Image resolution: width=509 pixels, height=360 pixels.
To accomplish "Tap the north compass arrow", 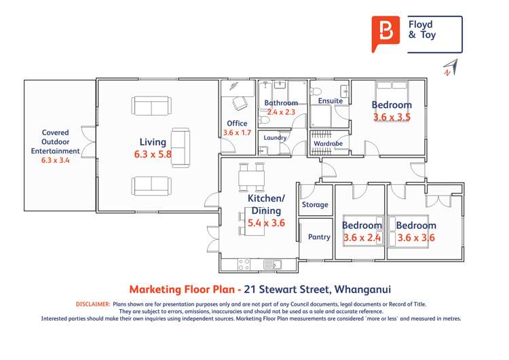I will [450, 67].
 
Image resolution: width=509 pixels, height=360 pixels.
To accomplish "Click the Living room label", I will [153, 142].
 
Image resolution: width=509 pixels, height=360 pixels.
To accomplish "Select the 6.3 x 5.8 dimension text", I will [153, 154].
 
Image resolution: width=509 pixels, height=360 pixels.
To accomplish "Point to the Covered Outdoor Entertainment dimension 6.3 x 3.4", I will [60, 160].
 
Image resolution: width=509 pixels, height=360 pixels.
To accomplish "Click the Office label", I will [237, 124].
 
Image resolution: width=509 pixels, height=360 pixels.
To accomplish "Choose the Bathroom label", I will [281, 103].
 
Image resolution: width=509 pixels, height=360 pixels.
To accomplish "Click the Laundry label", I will [275, 137].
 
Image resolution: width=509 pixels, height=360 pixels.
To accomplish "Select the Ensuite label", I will [330, 101].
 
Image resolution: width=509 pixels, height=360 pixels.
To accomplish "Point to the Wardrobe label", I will [328, 144].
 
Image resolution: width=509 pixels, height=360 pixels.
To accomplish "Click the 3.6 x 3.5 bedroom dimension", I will [392, 117].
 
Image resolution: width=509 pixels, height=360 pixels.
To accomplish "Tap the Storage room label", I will [315, 204].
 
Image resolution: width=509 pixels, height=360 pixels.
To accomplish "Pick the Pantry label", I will [319, 237].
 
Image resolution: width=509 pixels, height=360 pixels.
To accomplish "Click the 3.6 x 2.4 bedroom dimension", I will [362, 238].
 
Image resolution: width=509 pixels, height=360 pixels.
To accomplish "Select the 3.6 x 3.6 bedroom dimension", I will [416, 238].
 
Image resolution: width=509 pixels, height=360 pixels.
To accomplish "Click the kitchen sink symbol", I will [272, 264].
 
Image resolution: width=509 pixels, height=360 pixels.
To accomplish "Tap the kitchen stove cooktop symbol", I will [243, 264].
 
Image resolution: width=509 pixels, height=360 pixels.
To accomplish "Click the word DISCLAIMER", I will [92, 304].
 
